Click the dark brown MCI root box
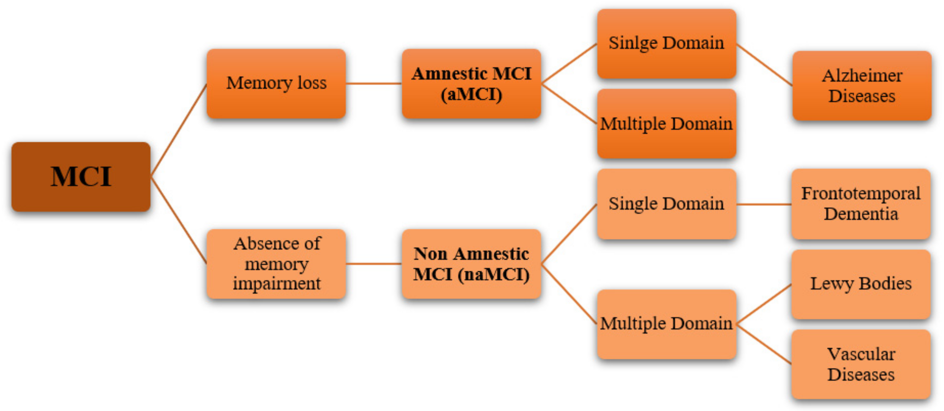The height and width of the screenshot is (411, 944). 81,177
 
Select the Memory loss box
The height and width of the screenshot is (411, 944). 276,83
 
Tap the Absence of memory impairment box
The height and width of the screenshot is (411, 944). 276,263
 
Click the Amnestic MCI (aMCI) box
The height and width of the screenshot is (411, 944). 471,84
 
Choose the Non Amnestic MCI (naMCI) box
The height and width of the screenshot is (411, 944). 471,264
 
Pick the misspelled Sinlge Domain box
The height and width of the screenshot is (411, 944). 666,43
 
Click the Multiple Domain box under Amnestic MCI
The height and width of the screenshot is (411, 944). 666,124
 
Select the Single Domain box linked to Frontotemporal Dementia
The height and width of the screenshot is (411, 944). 666,204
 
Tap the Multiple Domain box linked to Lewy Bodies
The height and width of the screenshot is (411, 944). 666,324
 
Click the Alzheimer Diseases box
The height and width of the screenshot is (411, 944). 862,86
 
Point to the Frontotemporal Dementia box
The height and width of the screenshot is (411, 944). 861,204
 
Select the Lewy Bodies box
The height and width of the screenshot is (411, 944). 861,284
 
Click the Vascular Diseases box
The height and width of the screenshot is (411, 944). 861,364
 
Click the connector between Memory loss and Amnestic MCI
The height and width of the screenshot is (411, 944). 374,84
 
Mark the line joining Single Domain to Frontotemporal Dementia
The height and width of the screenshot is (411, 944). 764,204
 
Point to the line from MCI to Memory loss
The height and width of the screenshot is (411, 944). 178,130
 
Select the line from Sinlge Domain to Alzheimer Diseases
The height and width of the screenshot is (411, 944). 764,65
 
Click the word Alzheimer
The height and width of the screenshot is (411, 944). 862,76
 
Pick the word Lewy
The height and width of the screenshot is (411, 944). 832,284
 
